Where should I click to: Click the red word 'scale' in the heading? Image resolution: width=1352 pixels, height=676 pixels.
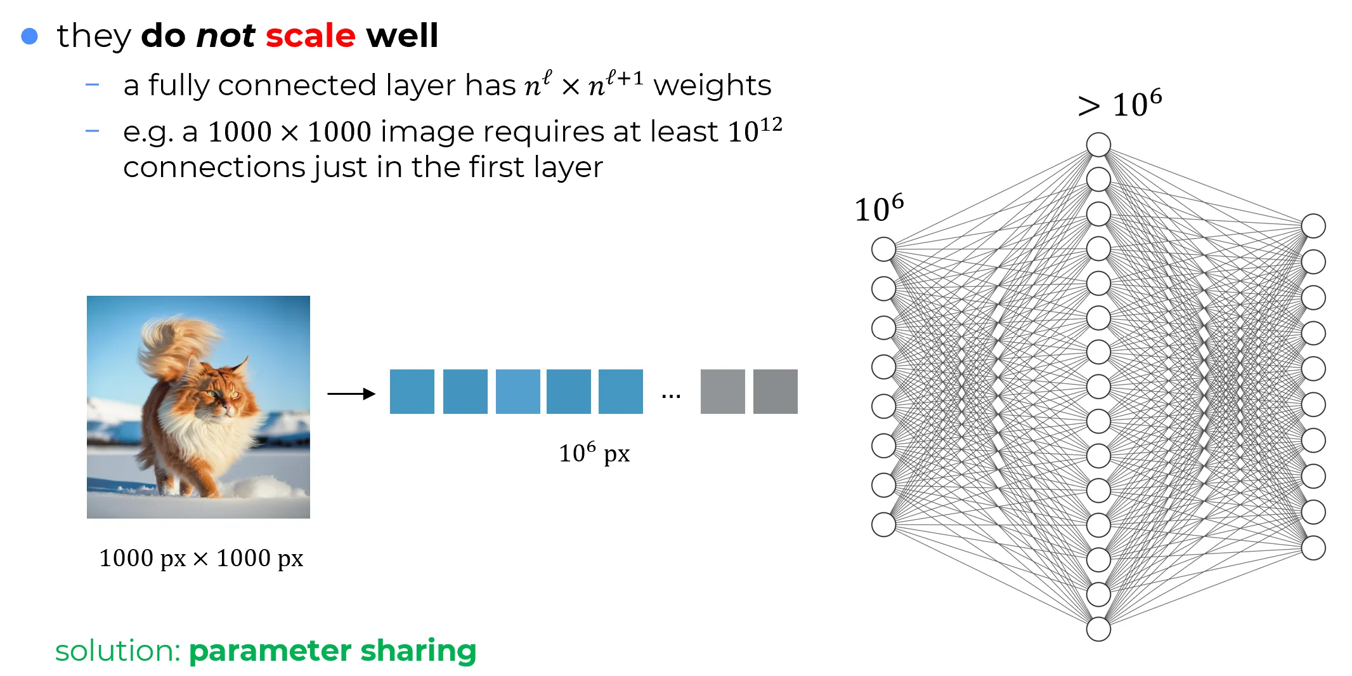point(310,36)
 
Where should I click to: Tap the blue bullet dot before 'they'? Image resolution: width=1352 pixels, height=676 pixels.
point(30,36)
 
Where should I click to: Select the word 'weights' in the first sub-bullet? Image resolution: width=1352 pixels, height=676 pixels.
point(712,86)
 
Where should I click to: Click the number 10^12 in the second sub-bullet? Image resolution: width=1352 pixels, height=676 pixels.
point(755,130)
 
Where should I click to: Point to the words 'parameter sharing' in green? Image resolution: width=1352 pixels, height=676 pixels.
point(332,651)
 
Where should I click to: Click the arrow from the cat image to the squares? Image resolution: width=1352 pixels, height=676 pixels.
point(351,394)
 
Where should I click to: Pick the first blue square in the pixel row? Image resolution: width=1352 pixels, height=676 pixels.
point(412,392)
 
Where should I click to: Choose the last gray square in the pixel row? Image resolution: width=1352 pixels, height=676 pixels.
point(775,392)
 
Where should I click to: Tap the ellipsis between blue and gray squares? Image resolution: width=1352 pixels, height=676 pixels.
point(671,396)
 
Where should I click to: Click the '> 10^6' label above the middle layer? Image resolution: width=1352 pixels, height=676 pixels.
point(1120,105)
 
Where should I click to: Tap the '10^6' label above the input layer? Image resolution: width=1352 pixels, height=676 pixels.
point(879,208)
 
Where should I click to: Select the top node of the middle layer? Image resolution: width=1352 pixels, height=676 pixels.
point(1098,145)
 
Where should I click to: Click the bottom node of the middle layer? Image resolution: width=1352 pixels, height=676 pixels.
point(1098,629)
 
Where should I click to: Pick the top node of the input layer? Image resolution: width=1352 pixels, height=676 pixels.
point(883,249)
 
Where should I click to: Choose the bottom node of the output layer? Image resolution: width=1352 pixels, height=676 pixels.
point(1313,548)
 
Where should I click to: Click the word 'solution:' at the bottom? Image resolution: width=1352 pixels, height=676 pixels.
point(118,651)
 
